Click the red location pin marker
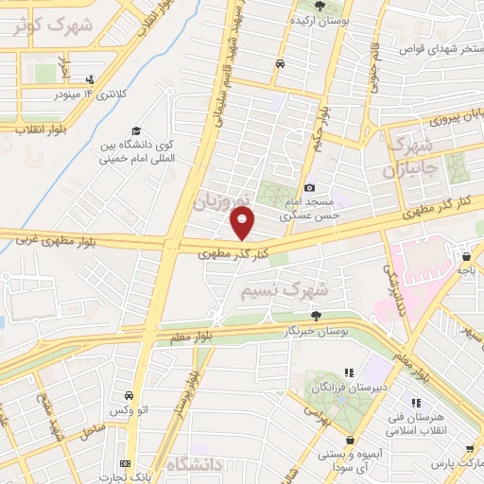click(x=243, y=223)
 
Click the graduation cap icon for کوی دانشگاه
click(x=137, y=130)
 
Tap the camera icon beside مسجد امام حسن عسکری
click(x=310, y=188)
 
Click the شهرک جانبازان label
click(x=408, y=159)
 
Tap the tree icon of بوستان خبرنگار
click(x=316, y=316)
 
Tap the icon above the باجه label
click(x=467, y=254)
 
